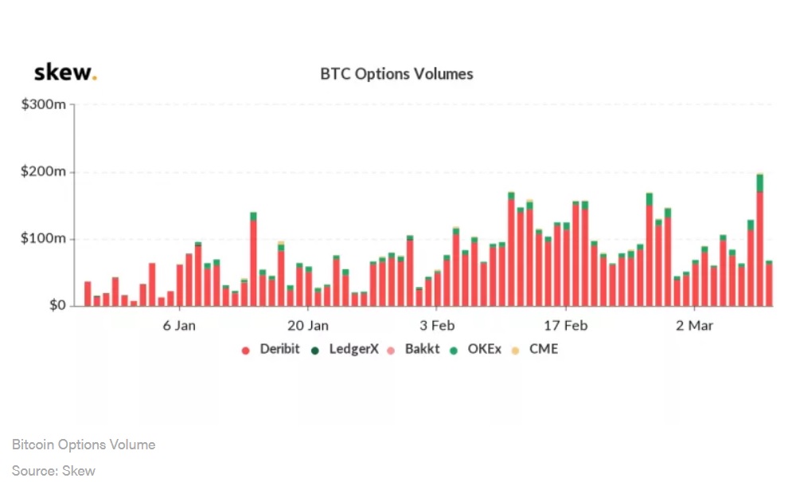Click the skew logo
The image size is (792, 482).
65,73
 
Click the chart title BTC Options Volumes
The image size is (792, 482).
396,74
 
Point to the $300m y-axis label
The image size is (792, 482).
44,104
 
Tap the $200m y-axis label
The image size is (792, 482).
44,172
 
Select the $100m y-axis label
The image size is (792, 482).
44,239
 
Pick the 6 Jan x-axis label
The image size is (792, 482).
179,325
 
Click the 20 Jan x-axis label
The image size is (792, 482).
307,325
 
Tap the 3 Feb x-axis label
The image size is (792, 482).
436,325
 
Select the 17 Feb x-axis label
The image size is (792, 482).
565,325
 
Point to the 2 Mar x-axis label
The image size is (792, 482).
694,325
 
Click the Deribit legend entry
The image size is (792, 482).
271,349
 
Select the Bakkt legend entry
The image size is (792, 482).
414,349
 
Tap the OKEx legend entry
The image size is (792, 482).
477,349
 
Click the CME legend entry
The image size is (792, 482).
536,349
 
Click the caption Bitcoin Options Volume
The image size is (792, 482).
84,445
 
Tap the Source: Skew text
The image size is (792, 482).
53,471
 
